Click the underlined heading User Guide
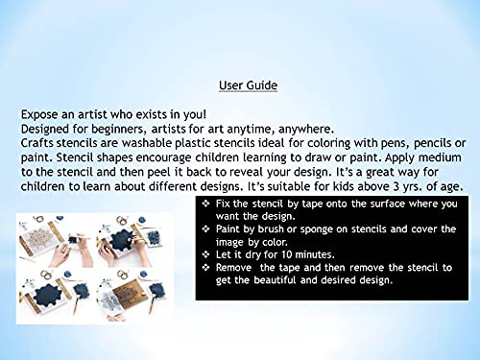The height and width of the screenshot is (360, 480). (248, 85)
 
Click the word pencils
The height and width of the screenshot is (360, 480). (432, 144)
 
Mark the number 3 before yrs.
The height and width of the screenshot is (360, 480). (396, 186)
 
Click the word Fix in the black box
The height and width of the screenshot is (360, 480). (223, 204)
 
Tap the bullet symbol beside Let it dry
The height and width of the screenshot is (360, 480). (206, 254)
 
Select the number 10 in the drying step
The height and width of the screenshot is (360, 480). (287, 254)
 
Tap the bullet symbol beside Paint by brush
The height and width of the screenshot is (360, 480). (206, 228)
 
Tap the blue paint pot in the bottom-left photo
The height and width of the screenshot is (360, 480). (67, 275)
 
